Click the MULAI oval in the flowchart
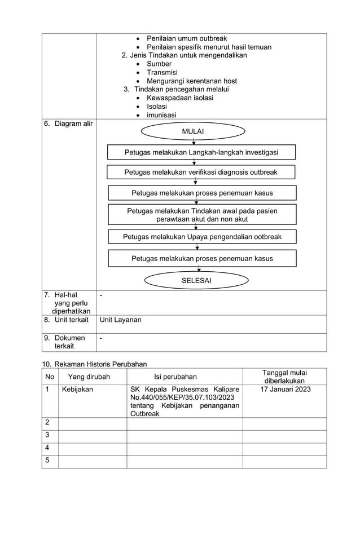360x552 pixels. tap(193, 131)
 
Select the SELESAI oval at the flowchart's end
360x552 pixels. tap(196, 280)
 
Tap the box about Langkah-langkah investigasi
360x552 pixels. tap(201, 152)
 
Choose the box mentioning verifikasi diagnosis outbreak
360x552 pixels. tap(201, 172)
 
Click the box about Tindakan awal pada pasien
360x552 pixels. tap(202, 214)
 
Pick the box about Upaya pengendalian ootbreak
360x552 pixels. tap(202, 237)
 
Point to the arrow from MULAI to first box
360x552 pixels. tap(194, 142)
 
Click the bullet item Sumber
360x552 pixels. tap(159, 64)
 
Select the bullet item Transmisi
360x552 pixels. tap(162, 72)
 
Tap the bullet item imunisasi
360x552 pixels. tap(161, 115)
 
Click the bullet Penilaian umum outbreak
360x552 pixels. tap(187, 38)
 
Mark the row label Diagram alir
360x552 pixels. tap(68, 123)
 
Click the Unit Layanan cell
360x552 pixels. tap(120, 320)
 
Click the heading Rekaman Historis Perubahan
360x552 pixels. tap(94, 364)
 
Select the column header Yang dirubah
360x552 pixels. tap(89, 377)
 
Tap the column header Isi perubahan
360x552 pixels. tap(175, 377)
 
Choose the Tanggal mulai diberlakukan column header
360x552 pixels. tap(284, 377)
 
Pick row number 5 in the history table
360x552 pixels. tap(47, 461)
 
